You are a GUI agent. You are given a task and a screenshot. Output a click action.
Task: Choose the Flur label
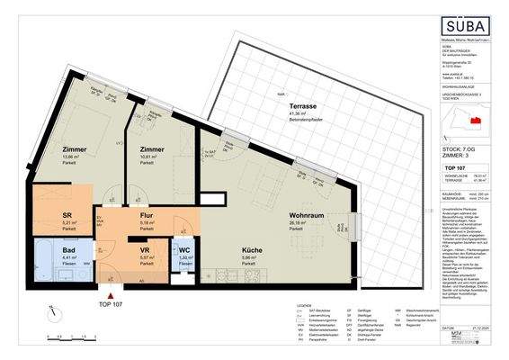pyautogui.click(x=147, y=216)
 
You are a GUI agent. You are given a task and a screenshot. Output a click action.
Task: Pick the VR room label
pyautogui.click(x=144, y=251)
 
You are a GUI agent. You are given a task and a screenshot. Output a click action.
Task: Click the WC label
pyautogui.click(x=184, y=251)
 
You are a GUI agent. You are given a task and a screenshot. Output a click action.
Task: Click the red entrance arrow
pyautogui.click(x=111, y=292)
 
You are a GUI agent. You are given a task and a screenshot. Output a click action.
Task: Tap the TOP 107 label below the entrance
pyautogui.click(x=111, y=304)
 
